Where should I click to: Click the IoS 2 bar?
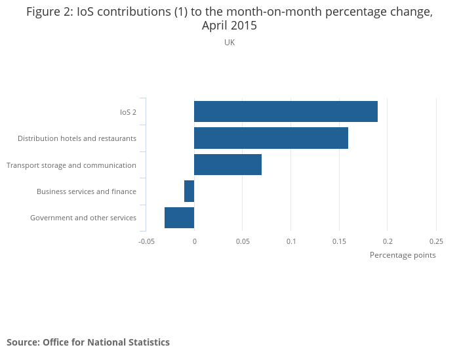286,111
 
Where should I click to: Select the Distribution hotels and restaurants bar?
271,138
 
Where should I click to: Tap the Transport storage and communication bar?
228,165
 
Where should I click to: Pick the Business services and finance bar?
190,191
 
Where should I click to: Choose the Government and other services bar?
179,218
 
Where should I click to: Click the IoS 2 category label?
128,112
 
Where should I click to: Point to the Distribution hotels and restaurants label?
77,138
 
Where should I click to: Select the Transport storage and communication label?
71,165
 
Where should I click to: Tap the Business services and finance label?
87,191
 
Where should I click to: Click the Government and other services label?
83,218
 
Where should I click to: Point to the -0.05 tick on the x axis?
146,241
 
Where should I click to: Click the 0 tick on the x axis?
194,241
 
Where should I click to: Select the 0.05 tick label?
243,241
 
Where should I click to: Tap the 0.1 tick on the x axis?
291,241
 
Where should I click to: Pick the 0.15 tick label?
339,241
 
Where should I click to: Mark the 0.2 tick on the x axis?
388,241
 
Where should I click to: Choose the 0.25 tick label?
436,241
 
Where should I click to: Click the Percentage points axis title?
403,255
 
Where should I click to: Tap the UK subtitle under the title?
229,43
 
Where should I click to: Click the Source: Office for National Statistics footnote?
88,342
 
